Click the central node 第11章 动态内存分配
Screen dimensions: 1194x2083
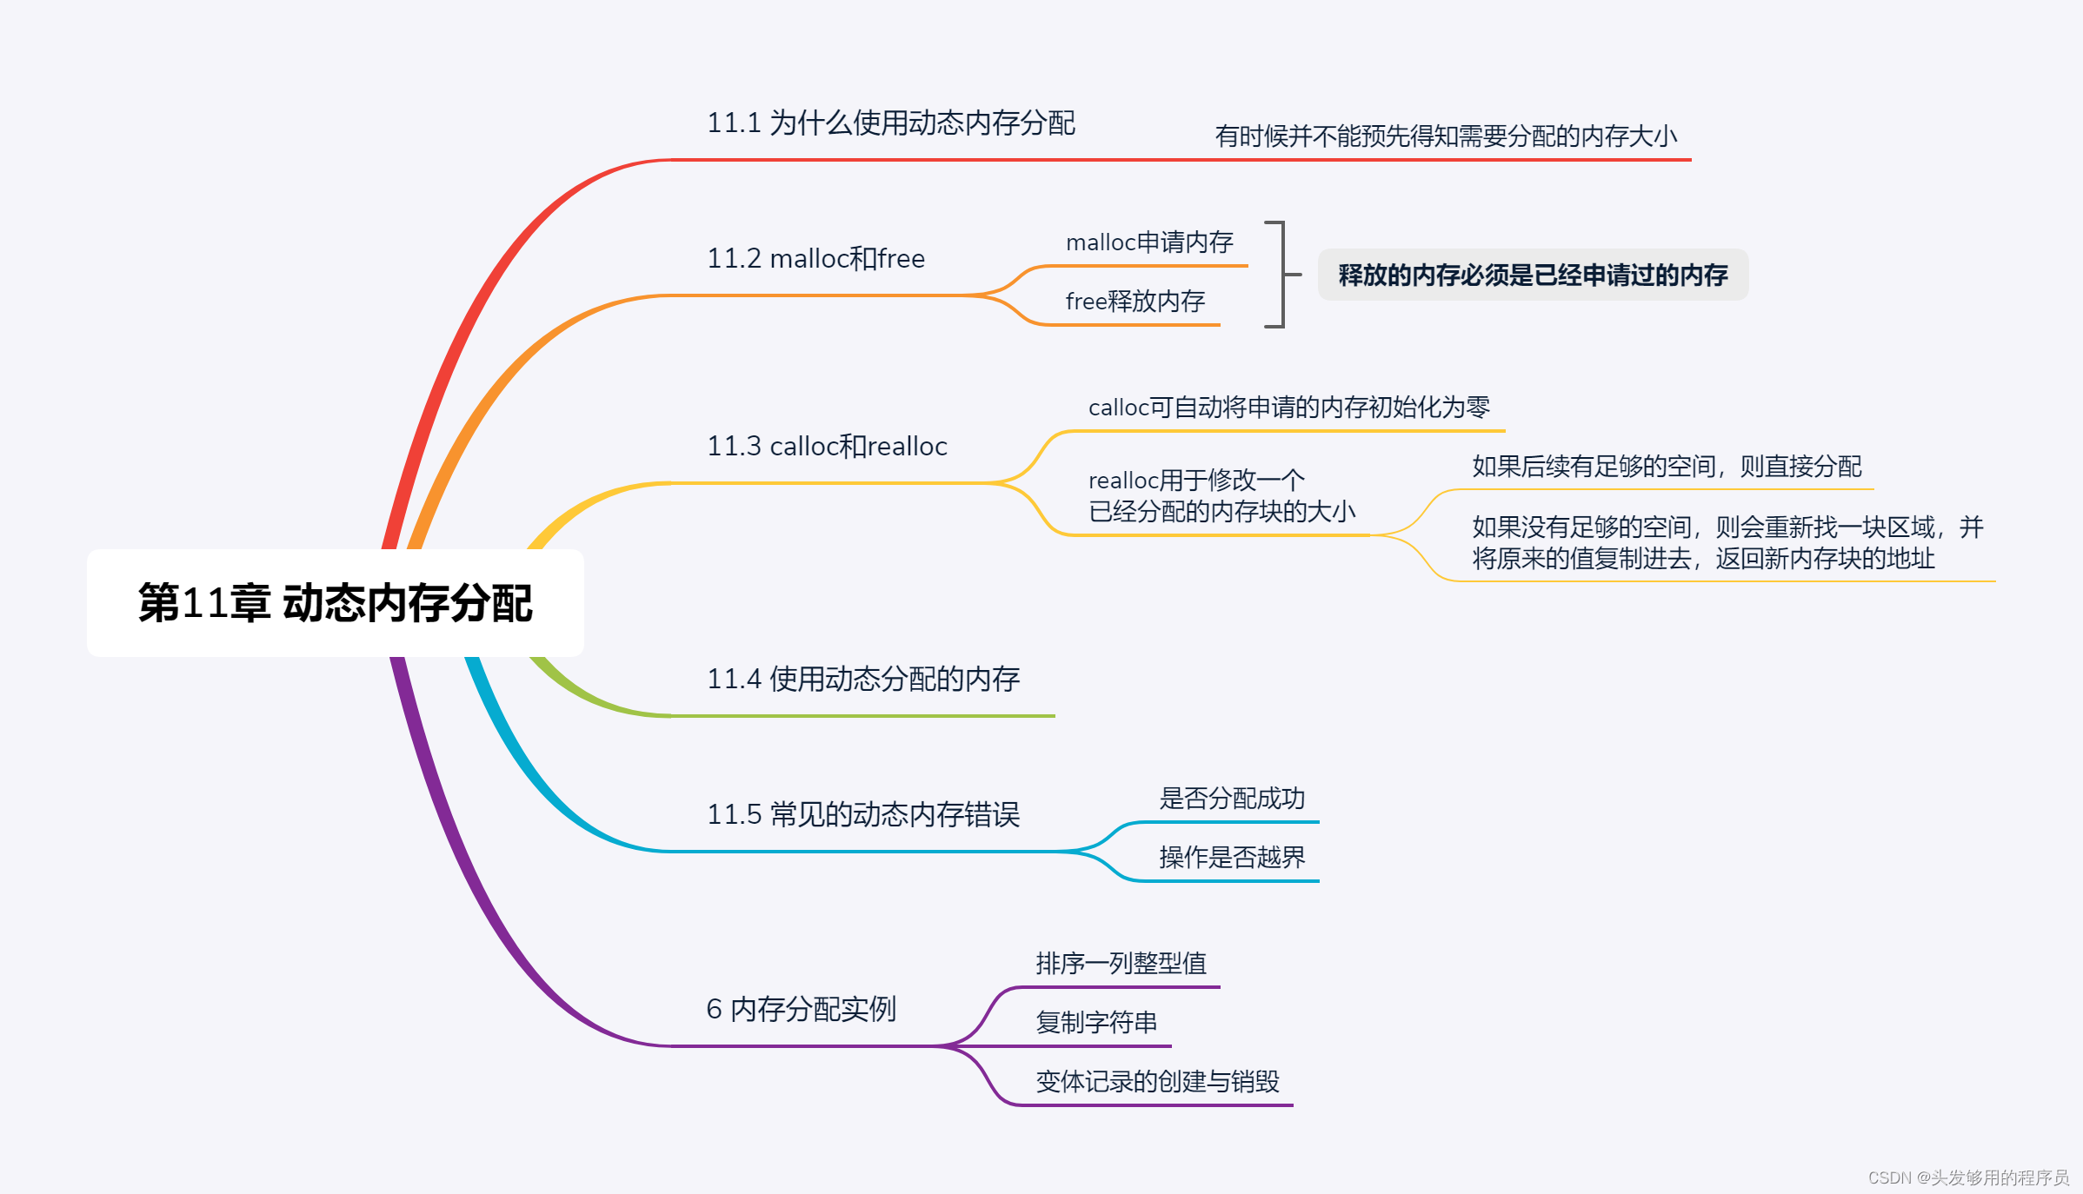(x=336, y=603)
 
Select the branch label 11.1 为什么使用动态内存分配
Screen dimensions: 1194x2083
(x=891, y=123)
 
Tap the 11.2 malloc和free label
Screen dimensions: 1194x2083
(x=815, y=259)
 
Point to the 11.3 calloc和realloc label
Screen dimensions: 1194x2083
(x=827, y=447)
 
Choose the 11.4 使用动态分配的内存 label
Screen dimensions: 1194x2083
(x=863, y=680)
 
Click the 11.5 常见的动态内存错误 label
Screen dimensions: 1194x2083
(x=863, y=815)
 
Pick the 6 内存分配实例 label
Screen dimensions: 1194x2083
(x=801, y=1010)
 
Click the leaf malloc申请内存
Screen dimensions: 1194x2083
(x=1149, y=242)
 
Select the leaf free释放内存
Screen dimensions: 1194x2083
(x=1135, y=302)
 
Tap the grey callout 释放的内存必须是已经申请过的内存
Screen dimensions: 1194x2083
(x=1533, y=275)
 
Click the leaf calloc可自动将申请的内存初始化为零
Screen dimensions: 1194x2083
(x=1289, y=408)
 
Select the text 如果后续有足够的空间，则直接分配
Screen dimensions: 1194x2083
(x=1667, y=467)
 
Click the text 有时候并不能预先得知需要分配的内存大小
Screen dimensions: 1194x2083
(x=1446, y=136)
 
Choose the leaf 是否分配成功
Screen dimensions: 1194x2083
(x=1232, y=799)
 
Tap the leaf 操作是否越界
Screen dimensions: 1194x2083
(x=1232, y=858)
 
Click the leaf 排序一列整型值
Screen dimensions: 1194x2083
(x=1121, y=964)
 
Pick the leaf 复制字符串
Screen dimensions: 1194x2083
(x=1096, y=1023)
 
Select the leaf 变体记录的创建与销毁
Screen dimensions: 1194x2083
(x=1157, y=1082)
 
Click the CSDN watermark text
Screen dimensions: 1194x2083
(x=1968, y=1177)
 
